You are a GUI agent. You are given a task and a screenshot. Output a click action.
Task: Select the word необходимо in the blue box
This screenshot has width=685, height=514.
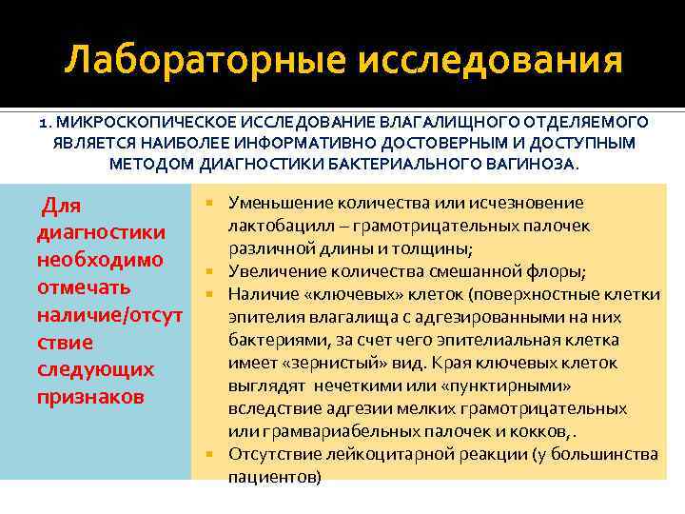tap(100, 260)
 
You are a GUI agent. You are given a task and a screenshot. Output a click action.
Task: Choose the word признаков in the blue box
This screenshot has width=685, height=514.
tap(91, 396)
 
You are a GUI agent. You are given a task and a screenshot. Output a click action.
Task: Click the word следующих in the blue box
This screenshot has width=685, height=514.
tap(94, 368)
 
